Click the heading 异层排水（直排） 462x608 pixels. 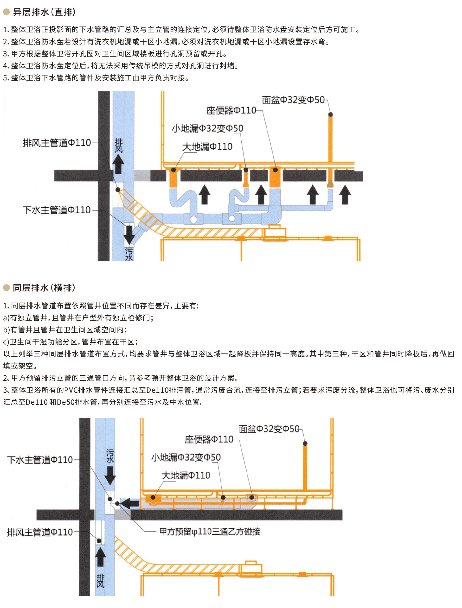[x=44, y=12]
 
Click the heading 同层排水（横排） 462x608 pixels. [x=44, y=288]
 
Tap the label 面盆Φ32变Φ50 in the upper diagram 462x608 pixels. [x=293, y=100]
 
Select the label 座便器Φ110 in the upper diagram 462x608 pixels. [x=231, y=110]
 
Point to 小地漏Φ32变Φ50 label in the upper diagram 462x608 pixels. [x=207, y=128]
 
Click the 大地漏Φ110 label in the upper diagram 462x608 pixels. [x=207, y=146]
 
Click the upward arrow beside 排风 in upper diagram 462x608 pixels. [x=118, y=164]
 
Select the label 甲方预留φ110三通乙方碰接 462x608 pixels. [x=210, y=532]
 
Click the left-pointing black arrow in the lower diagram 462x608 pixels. [x=129, y=503]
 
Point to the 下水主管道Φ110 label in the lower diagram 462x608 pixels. [x=40, y=460]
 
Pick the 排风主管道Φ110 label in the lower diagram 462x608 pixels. [x=40, y=532]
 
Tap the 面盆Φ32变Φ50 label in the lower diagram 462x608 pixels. [x=269, y=429]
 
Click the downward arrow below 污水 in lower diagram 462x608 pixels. [x=110, y=476]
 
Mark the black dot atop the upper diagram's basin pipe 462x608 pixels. [x=331, y=114]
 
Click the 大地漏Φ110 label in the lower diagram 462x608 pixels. [x=186, y=475]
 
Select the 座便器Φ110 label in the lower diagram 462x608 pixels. [x=209, y=439]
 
